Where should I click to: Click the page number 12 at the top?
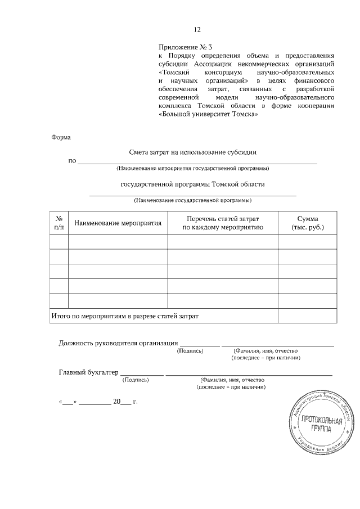197,30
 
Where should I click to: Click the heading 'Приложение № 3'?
186,47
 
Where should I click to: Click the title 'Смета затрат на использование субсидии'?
193,152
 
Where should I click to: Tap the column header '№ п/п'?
59,223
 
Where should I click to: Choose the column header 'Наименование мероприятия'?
118,223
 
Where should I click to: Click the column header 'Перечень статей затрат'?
223,223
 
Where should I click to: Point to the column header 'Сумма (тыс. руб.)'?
308,223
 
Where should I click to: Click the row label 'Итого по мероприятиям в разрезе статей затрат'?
125,316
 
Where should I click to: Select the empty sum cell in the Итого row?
308,316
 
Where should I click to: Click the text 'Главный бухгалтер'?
89,372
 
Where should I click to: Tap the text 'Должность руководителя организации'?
118,343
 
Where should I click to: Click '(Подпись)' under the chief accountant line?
136,380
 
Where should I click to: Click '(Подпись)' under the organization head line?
190,350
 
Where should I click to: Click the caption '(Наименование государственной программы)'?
193,200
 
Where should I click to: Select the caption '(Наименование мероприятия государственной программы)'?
192,169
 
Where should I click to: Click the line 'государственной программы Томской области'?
193,184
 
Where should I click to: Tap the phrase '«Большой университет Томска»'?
209,114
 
